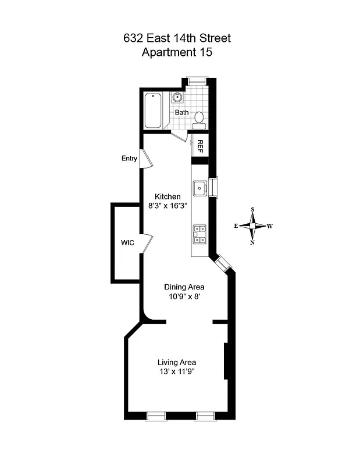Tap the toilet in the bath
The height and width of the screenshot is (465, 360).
(x=198, y=119)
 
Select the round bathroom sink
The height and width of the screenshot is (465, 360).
(x=178, y=98)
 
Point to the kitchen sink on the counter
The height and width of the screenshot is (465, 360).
(x=199, y=187)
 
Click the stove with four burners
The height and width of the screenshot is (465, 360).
(x=199, y=234)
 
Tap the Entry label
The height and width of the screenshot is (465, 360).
(x=129, y=158)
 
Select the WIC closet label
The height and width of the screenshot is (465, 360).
(x=128, y=242)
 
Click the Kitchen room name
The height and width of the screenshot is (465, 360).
(x=167, y=196)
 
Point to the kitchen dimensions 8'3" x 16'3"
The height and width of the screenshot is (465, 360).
(x=167, y=206)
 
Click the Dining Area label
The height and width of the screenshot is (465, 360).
(x=184, y=287)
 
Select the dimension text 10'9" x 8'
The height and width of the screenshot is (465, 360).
(x=184, y=296)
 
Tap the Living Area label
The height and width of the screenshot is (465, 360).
(x=177, y=363)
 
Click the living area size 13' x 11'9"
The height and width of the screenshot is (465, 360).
(x=177, y=372)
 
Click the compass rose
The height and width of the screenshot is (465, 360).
(x=252, y=226)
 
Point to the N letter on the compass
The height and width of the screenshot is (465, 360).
(x=252, y=242)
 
